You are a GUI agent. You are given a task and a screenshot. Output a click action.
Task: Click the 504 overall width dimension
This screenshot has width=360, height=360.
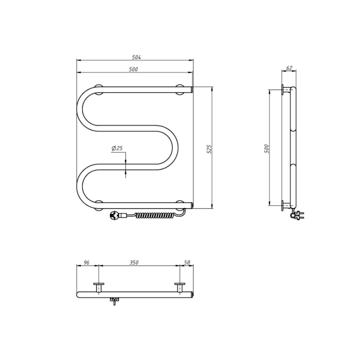pyautogui.click(x=136, y=57)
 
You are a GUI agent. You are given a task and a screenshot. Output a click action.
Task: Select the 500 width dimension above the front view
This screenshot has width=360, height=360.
pyautogui.click(x=133, y=69)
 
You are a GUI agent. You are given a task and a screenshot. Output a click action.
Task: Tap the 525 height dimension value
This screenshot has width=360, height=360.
pyautogui.click(x=209, y=149)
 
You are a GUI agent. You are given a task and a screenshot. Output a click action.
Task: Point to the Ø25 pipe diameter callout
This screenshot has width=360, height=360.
pyautogui.click(x=117, y=148)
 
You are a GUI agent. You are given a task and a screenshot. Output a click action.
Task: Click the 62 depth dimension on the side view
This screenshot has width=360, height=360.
pyautogui.click(x=289, y=68)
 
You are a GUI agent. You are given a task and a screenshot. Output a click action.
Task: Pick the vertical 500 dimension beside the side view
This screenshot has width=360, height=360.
pyautogui.click(x=266, y=149)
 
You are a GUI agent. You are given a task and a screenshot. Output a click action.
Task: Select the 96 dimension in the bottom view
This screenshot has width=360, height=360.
pyautogui.click(x=87, y=262)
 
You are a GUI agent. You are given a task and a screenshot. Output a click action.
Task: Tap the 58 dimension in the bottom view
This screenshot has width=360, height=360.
pyautogui.click(x=187, y=262)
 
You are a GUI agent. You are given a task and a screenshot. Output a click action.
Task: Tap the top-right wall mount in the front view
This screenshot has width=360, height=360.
pyautogui.click(x=181, y=89)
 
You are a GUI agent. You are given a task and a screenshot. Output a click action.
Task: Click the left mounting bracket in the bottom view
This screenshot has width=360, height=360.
pyautogui.click(x=98, y=287)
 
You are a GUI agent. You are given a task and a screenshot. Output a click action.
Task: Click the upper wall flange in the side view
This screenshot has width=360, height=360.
pyautogui.click(x=283, y=90)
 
